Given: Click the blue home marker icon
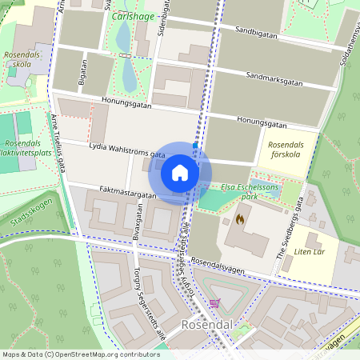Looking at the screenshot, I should tap(180, 173).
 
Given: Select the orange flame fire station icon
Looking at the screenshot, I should tap(240, 217).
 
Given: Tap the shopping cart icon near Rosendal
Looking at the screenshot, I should tap(214, 302).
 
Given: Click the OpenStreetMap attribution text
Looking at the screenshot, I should tap(81, 354).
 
